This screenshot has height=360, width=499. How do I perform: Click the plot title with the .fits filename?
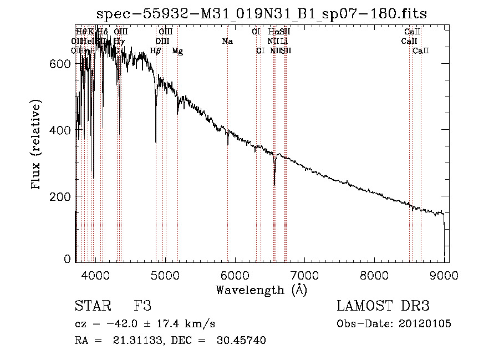(262, 14)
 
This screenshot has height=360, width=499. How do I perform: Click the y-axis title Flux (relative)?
(37, 145)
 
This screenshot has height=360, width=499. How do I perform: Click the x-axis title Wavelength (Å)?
(262, 290)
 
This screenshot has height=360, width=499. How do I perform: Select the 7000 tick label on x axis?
(305, 274)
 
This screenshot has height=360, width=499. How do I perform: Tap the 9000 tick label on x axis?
(445, 274)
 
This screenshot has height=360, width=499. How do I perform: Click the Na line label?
(227, 42)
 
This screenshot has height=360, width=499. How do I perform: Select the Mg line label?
(177, 51)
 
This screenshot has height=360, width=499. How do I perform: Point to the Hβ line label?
(156, 51)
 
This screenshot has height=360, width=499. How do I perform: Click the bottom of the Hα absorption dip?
(274, 184)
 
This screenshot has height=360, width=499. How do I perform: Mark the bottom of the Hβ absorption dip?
(156, 142)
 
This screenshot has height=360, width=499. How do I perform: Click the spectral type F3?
(142, 306)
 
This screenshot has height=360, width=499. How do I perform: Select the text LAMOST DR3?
(383, 306)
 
